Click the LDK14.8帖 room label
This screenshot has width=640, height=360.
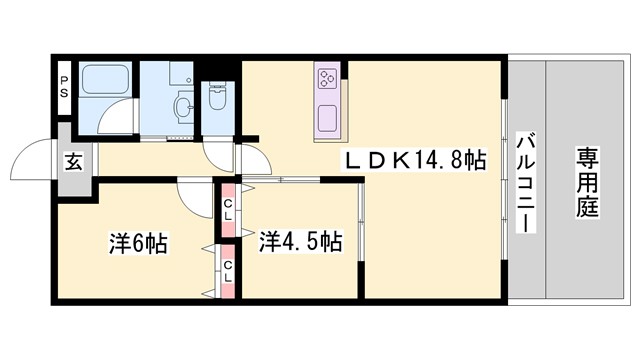point(415,160)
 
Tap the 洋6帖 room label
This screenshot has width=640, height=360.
point(138,242)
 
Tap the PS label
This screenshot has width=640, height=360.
point(63,87)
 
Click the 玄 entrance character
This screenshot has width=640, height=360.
point(74,159)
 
